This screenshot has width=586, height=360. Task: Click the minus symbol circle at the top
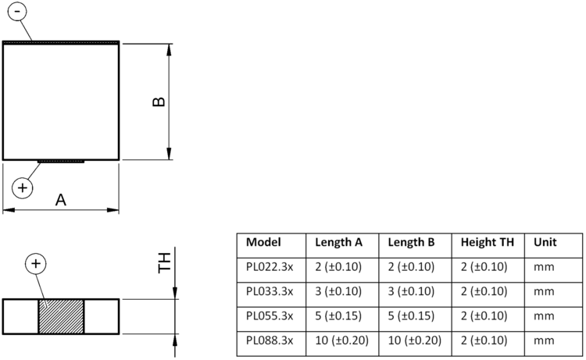(17, 11)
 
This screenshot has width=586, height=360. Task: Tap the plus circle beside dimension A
(23, 188)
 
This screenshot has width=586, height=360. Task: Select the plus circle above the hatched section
(35, 264)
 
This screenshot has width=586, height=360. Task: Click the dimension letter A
(60, 200)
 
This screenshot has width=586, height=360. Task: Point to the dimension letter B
(159, 102)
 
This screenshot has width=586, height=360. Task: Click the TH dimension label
(164, 263)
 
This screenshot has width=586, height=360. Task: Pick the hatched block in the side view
(61, 316)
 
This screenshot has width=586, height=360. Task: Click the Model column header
(263, 242)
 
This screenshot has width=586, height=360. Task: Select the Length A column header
(338, 242)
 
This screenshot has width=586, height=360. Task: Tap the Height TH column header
(488, 242)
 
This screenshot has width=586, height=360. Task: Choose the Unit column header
(545, 242)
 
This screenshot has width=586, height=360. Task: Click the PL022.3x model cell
(270, 267)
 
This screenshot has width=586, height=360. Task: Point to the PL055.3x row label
(270, 316)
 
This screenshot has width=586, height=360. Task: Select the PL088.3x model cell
(270, 340)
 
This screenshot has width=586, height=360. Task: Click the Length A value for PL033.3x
(338, 291)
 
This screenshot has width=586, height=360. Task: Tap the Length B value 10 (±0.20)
(414, 340)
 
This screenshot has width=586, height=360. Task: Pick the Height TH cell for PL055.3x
(484, 316)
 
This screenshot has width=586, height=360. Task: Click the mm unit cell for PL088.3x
(544, 341)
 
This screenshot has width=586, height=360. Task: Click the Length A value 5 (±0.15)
(338, 316)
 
